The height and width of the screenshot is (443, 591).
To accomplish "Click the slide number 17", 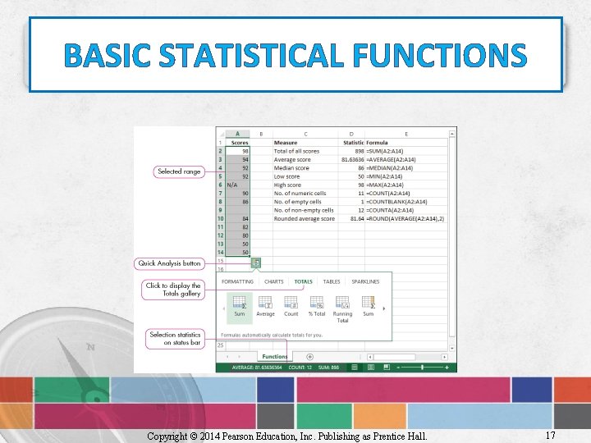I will pos(549,435).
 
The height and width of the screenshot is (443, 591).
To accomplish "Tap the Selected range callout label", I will pos(180,171).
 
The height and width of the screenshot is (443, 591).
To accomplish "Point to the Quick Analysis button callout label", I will pos(169,263).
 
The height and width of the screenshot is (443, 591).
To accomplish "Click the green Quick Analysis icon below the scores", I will pos(256,263).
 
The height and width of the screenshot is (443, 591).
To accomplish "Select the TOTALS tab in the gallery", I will pos(303,281).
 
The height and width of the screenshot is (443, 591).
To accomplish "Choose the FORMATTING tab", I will pos(237,281).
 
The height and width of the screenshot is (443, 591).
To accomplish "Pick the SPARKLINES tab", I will pos(365,281).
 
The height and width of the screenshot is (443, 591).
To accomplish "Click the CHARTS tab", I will pos(273,281).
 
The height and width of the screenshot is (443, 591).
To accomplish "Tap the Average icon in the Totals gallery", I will pos(265,304).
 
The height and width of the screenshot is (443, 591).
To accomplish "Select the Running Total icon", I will pos(342,304).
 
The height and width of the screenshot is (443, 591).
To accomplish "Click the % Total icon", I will pos(316,304).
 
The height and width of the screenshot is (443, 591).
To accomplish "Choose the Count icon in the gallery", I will pos(291,304).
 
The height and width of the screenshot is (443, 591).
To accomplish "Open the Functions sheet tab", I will pos(274,357).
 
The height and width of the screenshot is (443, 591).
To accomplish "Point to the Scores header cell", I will pos(239,143).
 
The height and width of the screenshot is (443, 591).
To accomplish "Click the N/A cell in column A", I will pos(233,185).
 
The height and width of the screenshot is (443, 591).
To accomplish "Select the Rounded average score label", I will pos(304,219).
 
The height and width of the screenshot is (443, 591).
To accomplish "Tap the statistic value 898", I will pos(359,151).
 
